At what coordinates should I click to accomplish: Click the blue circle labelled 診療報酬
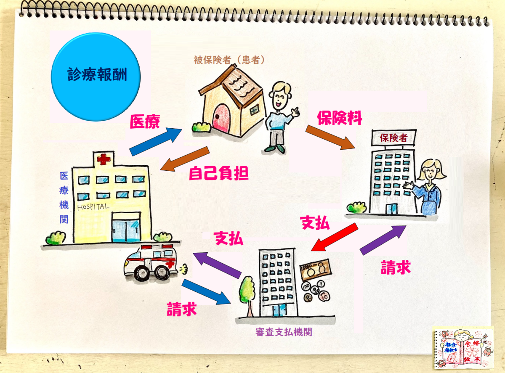pyautogui.click(x=96, y=77)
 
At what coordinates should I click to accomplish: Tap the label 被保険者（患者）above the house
pyautogui.click(x=229, y=60)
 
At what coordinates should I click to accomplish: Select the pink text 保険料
pyautogui.click(x=340, y=118)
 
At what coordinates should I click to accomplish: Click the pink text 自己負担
pyautogui.click(x=218, y=173)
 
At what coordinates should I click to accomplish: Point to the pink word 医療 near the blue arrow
pyautogui.click(x=145, y=122)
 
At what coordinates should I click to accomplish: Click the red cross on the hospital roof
pyautogui.click(x=104, y=159)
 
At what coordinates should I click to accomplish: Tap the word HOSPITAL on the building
pyautogui.click(x=93, y=207)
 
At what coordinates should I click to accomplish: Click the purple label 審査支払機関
pyautogui.click(x=284, y=332)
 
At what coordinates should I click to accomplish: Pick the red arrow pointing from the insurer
pyautogui.click(x=335, y=237)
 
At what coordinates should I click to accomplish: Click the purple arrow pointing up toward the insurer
pyautogui.click(x=383, y=240)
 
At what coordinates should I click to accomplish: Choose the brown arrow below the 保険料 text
pyautogui.click(x=330, y=137)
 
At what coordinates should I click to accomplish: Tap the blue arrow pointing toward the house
pyautogui.click(x=156, y=142)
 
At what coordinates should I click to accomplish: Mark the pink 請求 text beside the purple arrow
pyautogui.click(x=396, y=267)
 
